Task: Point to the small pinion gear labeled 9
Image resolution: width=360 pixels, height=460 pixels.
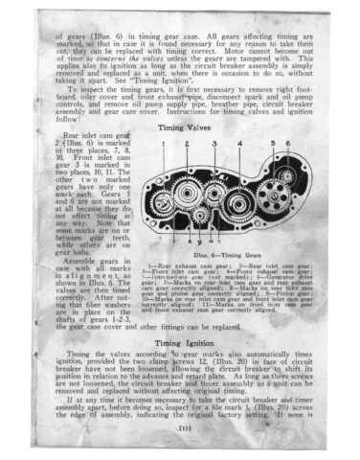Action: click(201, 216)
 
